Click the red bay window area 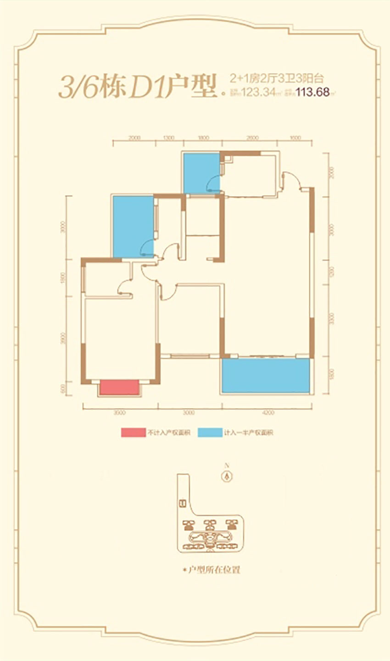click(119, 387)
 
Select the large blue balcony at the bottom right click(266, 375)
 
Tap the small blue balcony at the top click(201, 173)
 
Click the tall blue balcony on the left click(133, 226)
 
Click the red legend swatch click(133, 432)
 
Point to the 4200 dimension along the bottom click(269, 413)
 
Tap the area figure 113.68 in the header click(313, 92)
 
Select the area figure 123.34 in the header click(258, 92)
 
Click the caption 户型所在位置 click(212, 570)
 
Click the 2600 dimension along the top click(252, 137)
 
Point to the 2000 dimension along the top click(134, 137)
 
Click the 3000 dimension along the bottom click(189, 413)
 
